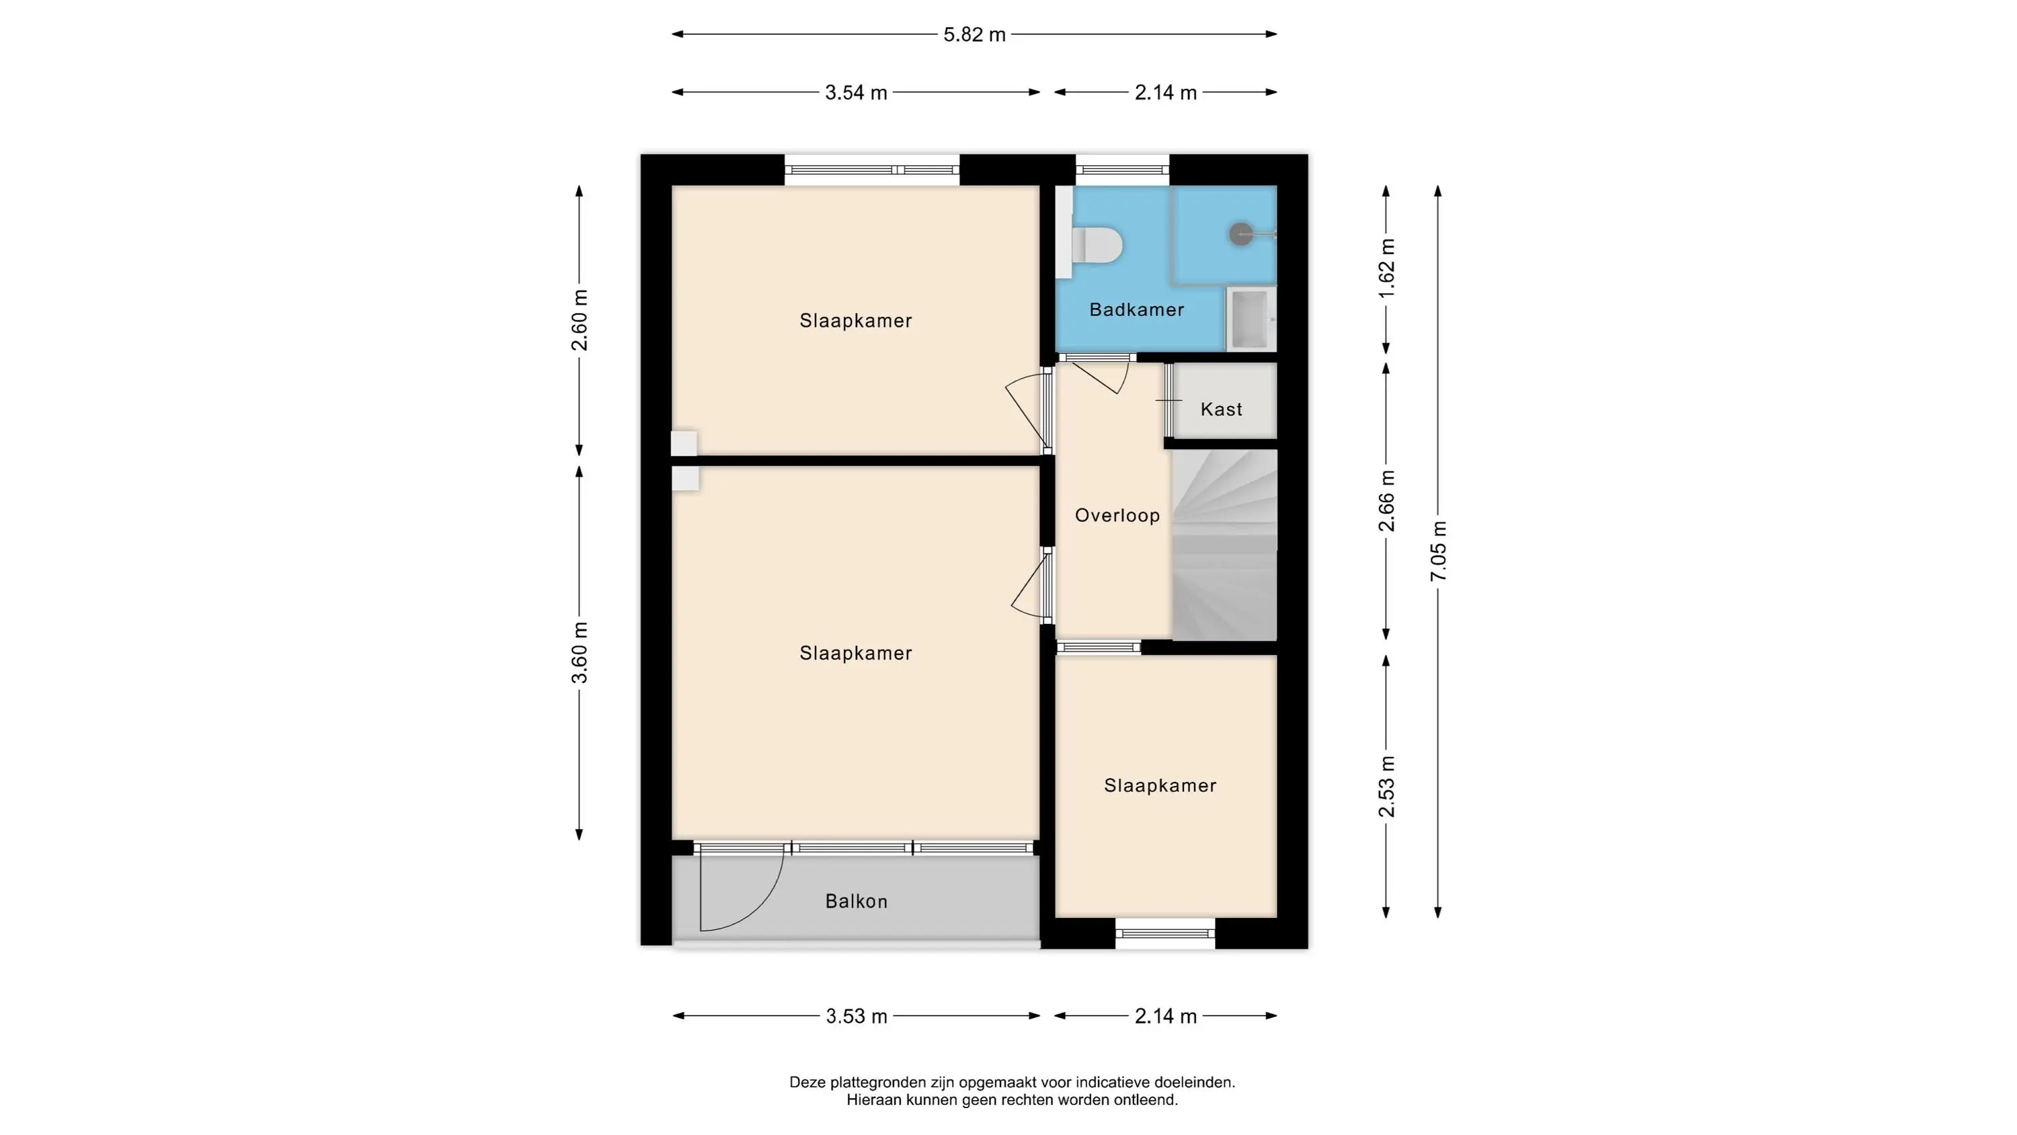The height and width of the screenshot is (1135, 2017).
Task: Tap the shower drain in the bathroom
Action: pos(1241,233)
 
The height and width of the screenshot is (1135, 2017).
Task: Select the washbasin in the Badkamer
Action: pos(1251,319)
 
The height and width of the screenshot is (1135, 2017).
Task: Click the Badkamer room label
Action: pos(1136,309)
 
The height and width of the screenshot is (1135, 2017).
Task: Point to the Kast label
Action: pos(1221,409)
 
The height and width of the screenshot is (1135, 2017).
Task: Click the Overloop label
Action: pos(1117,516)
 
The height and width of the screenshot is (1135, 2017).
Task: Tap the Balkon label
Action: pos(856,902)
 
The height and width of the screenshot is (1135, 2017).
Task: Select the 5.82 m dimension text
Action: pos(974,34)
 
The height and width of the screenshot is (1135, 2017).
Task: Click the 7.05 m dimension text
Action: pos(1438,551)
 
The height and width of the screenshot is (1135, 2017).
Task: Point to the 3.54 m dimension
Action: pos(856,92)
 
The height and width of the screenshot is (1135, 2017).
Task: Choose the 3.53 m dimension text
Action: pos(857,1016)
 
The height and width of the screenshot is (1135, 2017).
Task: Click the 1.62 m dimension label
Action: pos(1386,267)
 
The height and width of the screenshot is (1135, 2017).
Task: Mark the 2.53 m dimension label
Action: pos(1386,787)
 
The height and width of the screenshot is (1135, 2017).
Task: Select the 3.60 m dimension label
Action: pos(580,652)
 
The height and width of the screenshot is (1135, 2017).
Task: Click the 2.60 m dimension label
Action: pos(580,320)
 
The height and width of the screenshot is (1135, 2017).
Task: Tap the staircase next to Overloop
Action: pos(1224,545)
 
